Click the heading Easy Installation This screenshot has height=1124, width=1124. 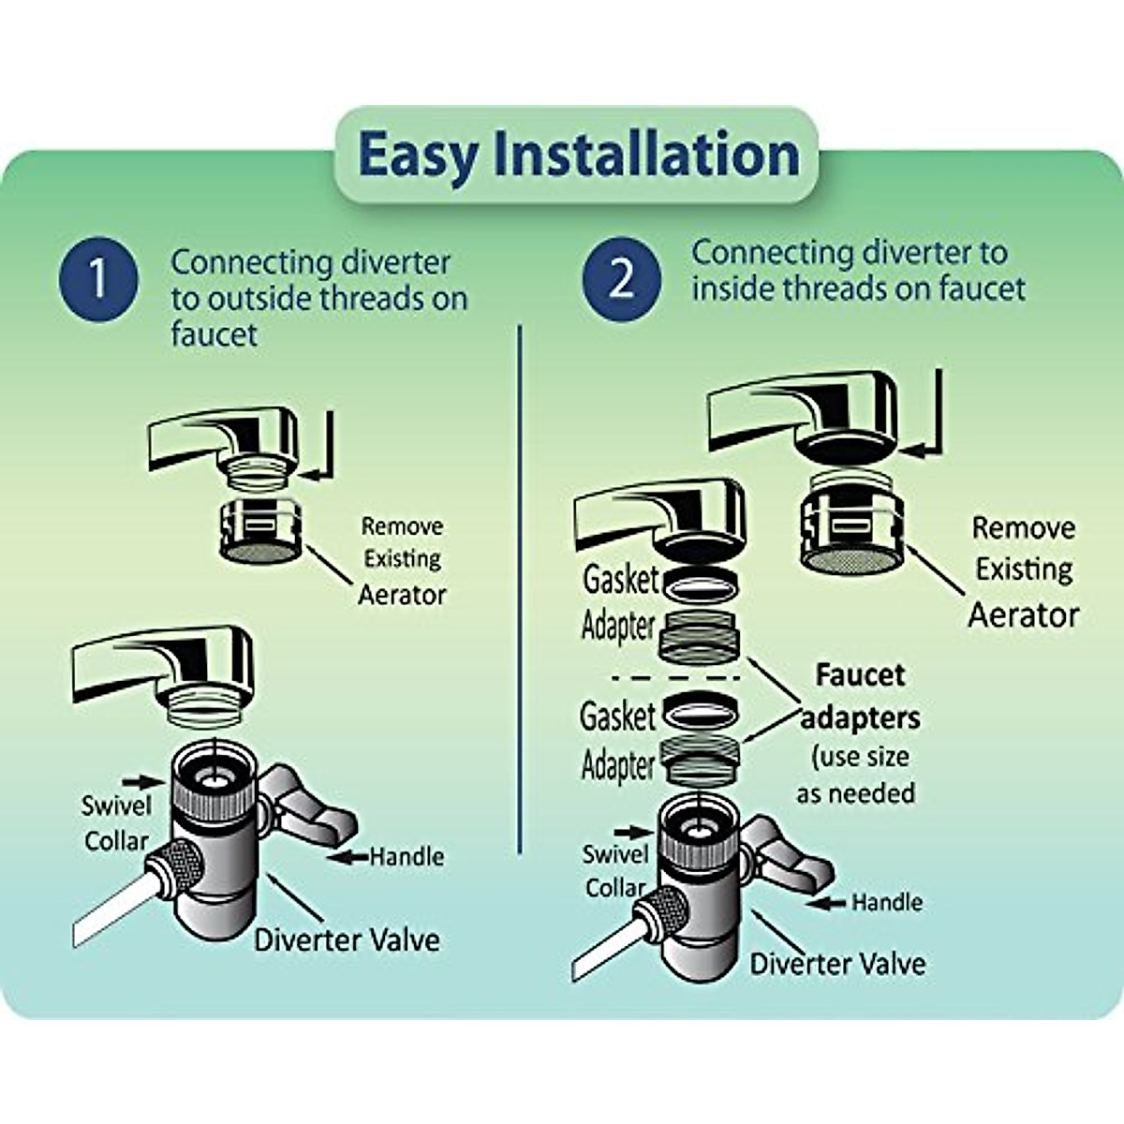tap(578, 155)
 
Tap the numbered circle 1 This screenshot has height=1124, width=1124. tap(98, 278)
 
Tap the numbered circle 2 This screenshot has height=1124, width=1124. tap(622, 278)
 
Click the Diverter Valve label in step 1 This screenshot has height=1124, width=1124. tap(348, 939)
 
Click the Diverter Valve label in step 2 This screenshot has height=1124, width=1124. tap(837, 964)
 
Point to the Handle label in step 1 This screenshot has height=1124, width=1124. tap(407, 857)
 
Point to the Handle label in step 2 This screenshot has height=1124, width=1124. tap(887, 902)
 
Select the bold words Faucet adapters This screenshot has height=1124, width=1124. tap(860, 697)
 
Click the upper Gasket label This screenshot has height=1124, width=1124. tap(620, 580)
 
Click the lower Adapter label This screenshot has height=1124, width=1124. tap(617, 765)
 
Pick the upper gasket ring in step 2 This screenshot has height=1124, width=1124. tap(700, 584)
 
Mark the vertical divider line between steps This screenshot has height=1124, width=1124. tap(519, 589)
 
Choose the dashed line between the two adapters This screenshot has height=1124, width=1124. tap(675, 678)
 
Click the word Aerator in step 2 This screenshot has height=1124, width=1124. tap(1024, 615)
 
